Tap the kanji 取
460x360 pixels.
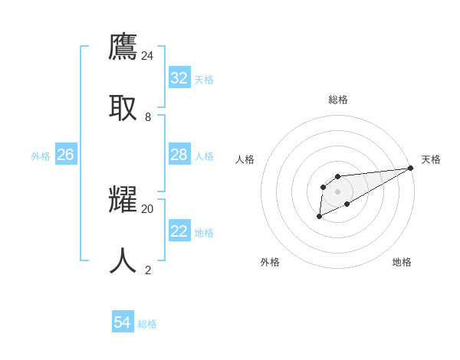pyautogui.click(x=123, y=107)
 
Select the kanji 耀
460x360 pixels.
pyautogui.click(x=123, y=199)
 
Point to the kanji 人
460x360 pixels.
pyautogui.click(x=123, y=260)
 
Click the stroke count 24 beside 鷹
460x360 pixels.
pyautogui.click(x=148, y=56)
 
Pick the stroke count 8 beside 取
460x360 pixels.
pyautogui.click(x=148, y=117)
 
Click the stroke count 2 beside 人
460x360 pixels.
pyautogui.click(x=148, y=270)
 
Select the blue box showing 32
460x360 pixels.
pyautogui.click(x=179, y=78)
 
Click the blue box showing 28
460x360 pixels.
pyautogui.click(x=179, y=155)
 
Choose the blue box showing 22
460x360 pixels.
pyautogui.click(x=179, y=231)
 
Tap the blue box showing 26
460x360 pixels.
pyautogui.click(x=65, y=155)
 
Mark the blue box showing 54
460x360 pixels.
pyautogui.click(x=123, y=322)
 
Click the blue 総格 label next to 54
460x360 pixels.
pyautogui.click(x=147, y=324)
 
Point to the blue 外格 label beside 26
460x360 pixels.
pyautogui.click(x=41, y=156)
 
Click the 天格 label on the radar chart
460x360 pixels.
pyautogui.click(x=431, y=159)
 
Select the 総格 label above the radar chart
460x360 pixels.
pyautogui.click(x=337, y=100)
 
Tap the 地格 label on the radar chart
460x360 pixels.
pyautogui.click(x=402, y=262)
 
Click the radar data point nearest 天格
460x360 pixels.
pyautogui.click(x=410, y=168)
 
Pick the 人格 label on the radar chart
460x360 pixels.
pyautogui.click(x=245, y=159)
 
